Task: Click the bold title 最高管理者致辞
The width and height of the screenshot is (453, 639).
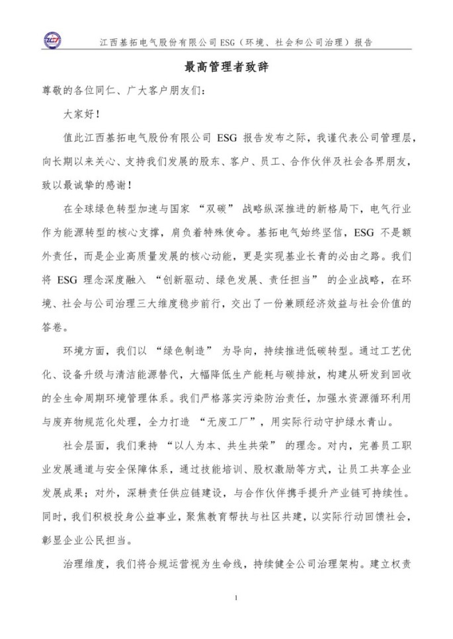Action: [226, 68]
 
